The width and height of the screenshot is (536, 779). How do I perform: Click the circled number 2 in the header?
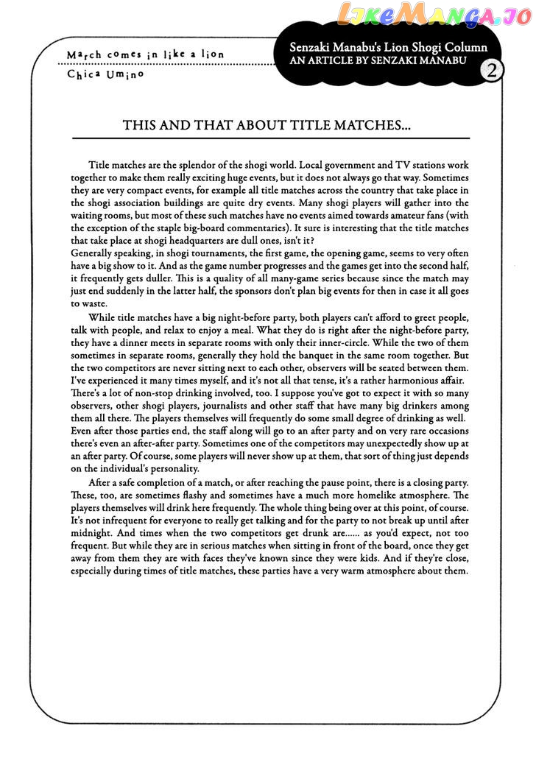click(x=491, y=71)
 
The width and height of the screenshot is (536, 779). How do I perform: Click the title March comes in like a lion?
click(x=145, y=54)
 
